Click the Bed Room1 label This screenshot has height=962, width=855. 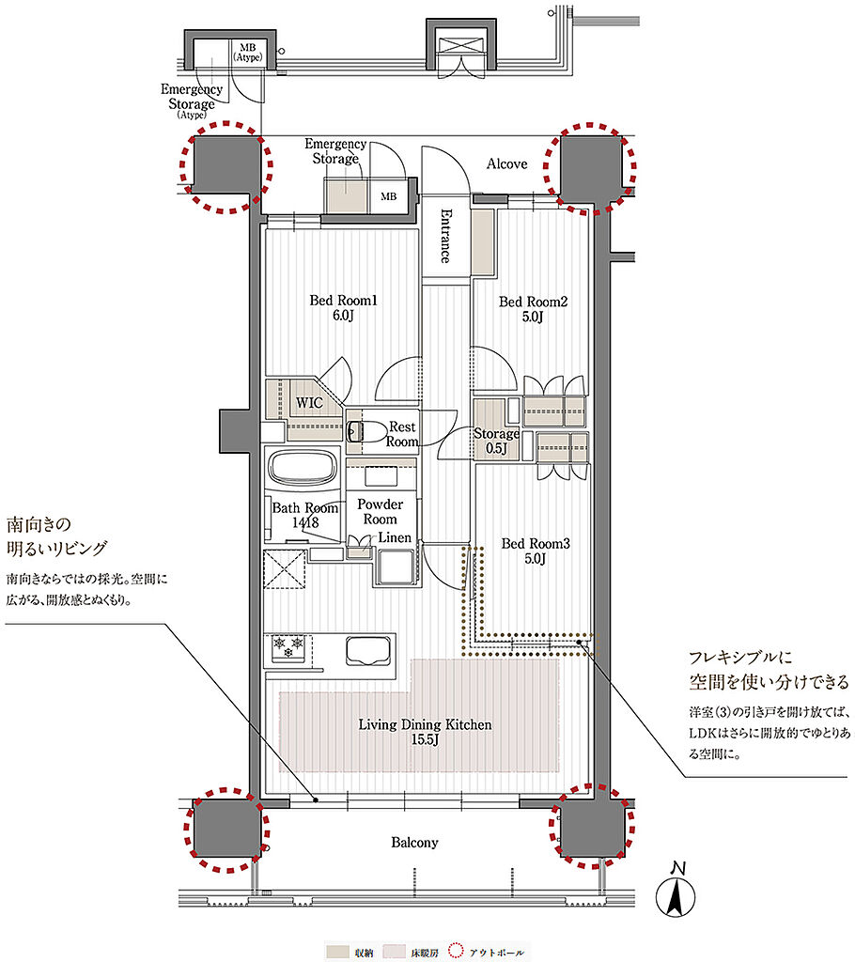(x=343, y=308)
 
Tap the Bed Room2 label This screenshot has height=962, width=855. (x=533, y=309)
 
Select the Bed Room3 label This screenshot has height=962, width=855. (x=536, y=551)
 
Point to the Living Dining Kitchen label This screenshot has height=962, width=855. (x=425, y=732)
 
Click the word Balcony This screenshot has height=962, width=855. (x=415, y=843)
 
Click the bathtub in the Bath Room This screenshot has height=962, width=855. (x=303, y=469)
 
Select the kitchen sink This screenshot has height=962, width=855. (x=368, y=651)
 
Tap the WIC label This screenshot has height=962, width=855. (x=309, y=403)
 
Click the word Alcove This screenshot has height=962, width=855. (x=507, y=163)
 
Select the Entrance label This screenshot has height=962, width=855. (x=446, y=236)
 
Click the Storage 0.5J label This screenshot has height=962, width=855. (x=496, y=441)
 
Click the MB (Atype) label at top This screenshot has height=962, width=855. (x=248, y=53)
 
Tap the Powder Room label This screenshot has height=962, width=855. (x=380, y=512)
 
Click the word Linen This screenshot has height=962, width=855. (x=394, y=537)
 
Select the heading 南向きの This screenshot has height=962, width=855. (x=39, y=524)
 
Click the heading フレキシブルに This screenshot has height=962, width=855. (x=740, y=657)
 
